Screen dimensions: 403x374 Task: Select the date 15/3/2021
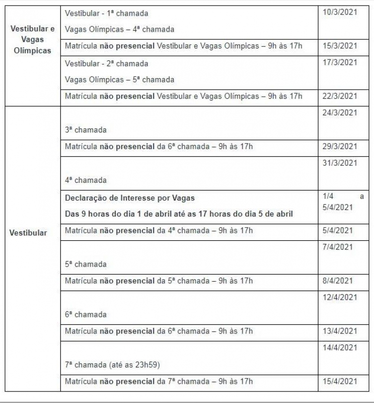coord(340,46)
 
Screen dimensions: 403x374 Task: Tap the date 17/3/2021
coord(340,62)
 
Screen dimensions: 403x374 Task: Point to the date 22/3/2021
coord(340,96)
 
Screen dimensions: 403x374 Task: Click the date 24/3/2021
coord(340,113)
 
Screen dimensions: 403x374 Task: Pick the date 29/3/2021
coord(340,147)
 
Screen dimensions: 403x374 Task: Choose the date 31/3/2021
coord(340,163)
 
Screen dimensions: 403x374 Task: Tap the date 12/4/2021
coord(340,297)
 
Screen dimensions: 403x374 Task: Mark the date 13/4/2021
coord(340,331)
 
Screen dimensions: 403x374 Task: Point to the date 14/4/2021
coord(340,348)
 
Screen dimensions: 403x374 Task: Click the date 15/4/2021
coord(340,381)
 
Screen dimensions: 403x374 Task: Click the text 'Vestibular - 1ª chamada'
coord(107,13)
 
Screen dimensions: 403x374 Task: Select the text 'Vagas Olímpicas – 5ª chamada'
coord(119,80)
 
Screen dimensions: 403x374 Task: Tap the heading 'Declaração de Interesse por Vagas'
coord(130,198)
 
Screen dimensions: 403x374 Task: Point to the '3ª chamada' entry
coord(86,130)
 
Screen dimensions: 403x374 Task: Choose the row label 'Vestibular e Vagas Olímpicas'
coord(33,39)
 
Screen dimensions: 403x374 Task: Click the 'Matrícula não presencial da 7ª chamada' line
coord(159,381)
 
